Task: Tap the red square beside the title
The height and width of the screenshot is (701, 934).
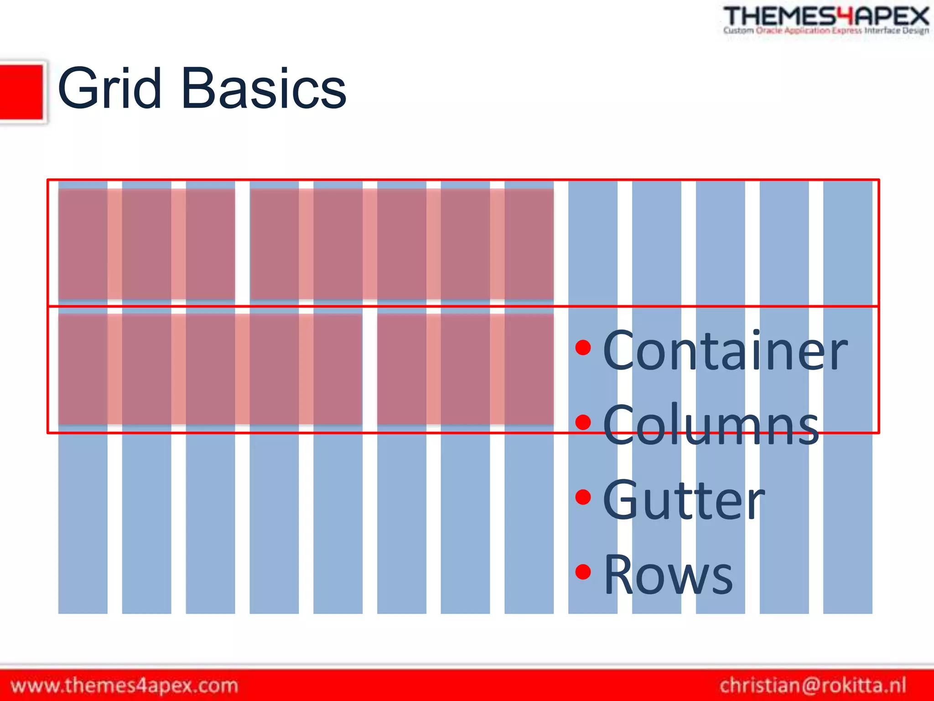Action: tap(21, 93)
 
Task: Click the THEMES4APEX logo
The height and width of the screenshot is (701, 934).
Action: tap(826, 16)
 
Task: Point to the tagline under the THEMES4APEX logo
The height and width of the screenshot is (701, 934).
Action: tap(826, 31)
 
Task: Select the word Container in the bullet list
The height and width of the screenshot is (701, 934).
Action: tap(725, 350)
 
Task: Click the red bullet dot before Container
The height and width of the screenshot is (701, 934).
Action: tap(583, 348)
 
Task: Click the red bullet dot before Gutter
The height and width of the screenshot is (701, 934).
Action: tap(583, 497)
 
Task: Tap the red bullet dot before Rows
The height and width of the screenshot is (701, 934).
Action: tap(583, 571)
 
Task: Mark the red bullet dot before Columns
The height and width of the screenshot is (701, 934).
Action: tap(583, 422)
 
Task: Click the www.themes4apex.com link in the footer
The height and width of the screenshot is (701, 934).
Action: tap(125, 685)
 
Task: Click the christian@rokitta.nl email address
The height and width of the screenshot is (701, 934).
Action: tap(813, 685)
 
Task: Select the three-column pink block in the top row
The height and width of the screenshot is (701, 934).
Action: tap(146, 244)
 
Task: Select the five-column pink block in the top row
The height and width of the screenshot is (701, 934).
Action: tap(402, 244)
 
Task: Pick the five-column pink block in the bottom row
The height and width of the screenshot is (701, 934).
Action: tap(210, 369)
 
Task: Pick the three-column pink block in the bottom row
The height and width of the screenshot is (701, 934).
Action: tap(465, 369)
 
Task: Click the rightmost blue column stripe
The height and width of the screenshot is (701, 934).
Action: tap(848, 525)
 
